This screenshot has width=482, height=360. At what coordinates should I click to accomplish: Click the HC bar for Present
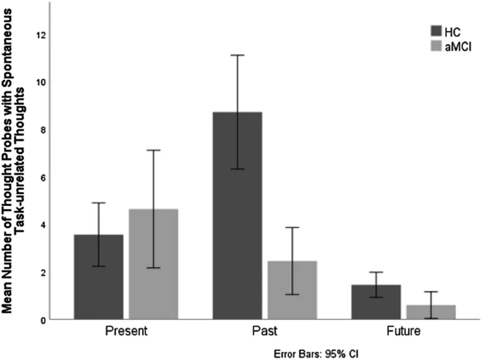click(98, 277)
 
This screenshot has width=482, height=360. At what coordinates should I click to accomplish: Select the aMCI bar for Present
click(153, 264)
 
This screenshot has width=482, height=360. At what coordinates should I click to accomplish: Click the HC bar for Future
click(376, 302)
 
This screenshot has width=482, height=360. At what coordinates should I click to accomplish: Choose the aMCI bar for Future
click(430, 311)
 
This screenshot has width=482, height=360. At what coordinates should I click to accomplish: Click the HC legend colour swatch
click(437, 30)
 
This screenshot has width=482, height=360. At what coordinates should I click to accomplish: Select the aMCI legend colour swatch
click(437, 46)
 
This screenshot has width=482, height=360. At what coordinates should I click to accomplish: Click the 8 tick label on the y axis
click(42, 129)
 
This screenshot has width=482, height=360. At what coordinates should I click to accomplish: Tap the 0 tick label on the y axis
click(42, 320)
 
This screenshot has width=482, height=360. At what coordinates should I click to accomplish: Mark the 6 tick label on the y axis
click(42, 177)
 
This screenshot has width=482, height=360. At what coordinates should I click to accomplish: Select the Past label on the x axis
click(264, 330)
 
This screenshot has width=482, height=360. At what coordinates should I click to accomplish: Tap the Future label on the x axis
click(402, 330)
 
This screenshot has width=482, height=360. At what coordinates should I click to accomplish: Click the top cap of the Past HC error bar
click(237, 55)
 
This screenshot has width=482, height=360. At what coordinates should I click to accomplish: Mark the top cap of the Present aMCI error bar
click(153, 150)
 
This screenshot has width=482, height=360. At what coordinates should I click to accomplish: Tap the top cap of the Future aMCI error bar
click(430, 292)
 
